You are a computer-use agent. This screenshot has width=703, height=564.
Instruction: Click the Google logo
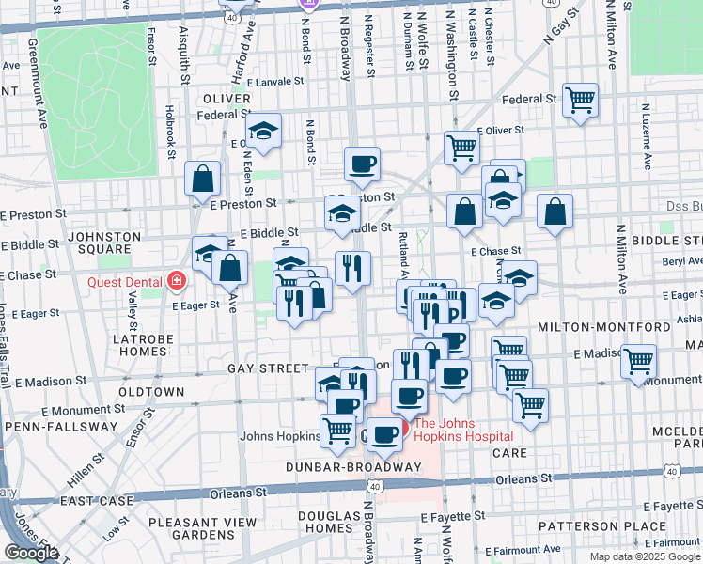pyautogui.click(x=31, y=553)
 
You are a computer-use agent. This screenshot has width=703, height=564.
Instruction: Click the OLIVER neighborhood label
pyautogui.click(x=225, y=98)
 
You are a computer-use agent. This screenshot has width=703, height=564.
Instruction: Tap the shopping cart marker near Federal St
pyautogui.click(x=581, y=99)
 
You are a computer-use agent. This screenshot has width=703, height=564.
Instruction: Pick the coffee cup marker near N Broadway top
pyautogui.click(x=362, y=164)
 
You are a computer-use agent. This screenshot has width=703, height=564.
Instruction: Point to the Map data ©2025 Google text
pyautogui.click(x=645, y=556)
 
